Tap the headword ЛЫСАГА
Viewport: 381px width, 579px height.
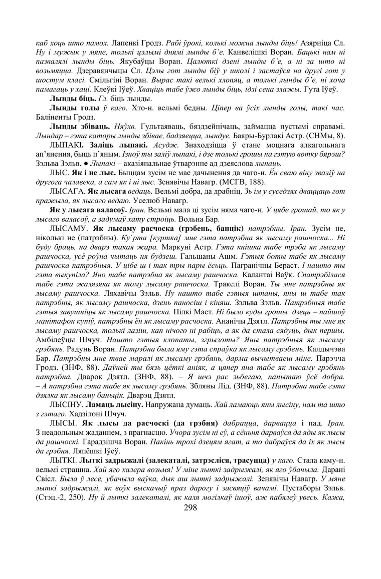tap(67, 191)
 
